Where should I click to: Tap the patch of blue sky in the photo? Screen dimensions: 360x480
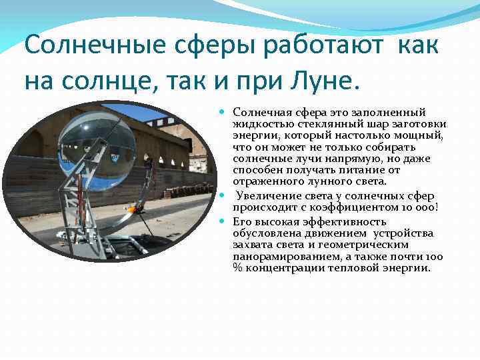click(129, 113)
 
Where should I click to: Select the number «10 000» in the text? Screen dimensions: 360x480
click(417, 207)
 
